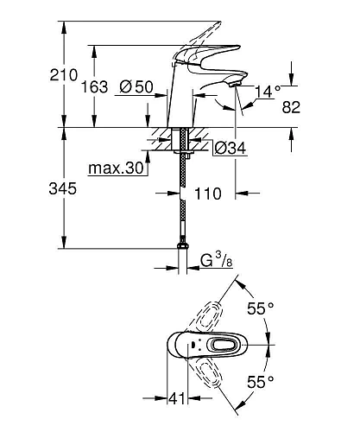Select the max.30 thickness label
click(x=116, y=168)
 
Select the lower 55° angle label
click(x=260, y=380)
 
